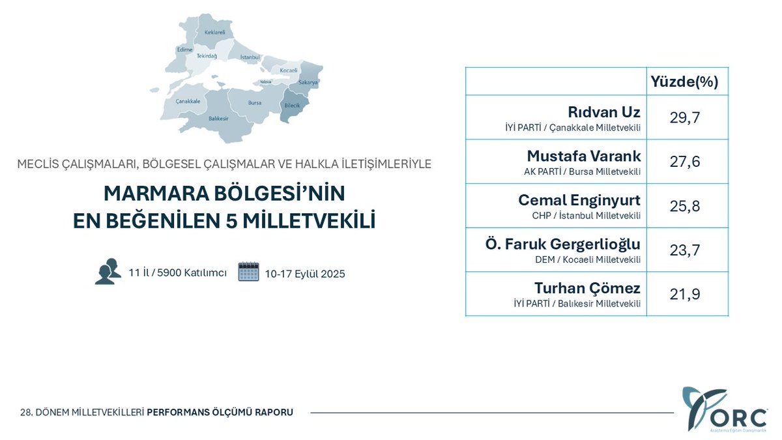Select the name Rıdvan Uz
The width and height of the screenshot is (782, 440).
click(x=604, y=111)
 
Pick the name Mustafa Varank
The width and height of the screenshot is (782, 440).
click(x=584, y=156)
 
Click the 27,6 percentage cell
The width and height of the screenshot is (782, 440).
click(x=684, y=162)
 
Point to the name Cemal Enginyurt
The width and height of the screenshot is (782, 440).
click(x=579, y=200)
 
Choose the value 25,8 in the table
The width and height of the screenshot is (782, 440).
click(x=684, y=206)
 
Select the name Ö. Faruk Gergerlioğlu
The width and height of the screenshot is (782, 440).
click(x=563, y=244)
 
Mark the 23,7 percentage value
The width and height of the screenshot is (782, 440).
click(x=684, y=250)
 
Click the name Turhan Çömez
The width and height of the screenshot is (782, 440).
click(x=587, y=288)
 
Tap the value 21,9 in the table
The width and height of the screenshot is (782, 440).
click(x=684, y=294)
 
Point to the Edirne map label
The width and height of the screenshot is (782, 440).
click(x=184, y=50)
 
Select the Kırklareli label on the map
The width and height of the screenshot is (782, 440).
click(x=214, y=32)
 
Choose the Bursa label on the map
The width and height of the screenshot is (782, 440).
click(x=255, y=102)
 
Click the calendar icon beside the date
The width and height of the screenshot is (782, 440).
click(x=248, y=271)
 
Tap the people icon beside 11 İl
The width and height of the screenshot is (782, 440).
click(x=108, y=271)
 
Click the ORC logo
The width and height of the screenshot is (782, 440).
click(x=724, y=409)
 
